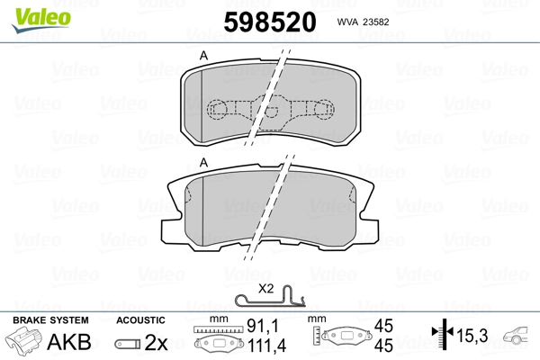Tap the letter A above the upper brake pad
pos(203,56)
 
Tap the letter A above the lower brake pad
pos(203,162)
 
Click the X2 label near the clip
pos(266,290)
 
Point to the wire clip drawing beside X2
pos(270,301)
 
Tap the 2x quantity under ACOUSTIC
pos(157,343)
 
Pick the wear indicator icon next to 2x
pos(128,344)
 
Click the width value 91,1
pos(262,328)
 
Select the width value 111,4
pos(261,346)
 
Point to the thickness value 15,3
pos(473,337)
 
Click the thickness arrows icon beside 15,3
pos(442,337)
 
